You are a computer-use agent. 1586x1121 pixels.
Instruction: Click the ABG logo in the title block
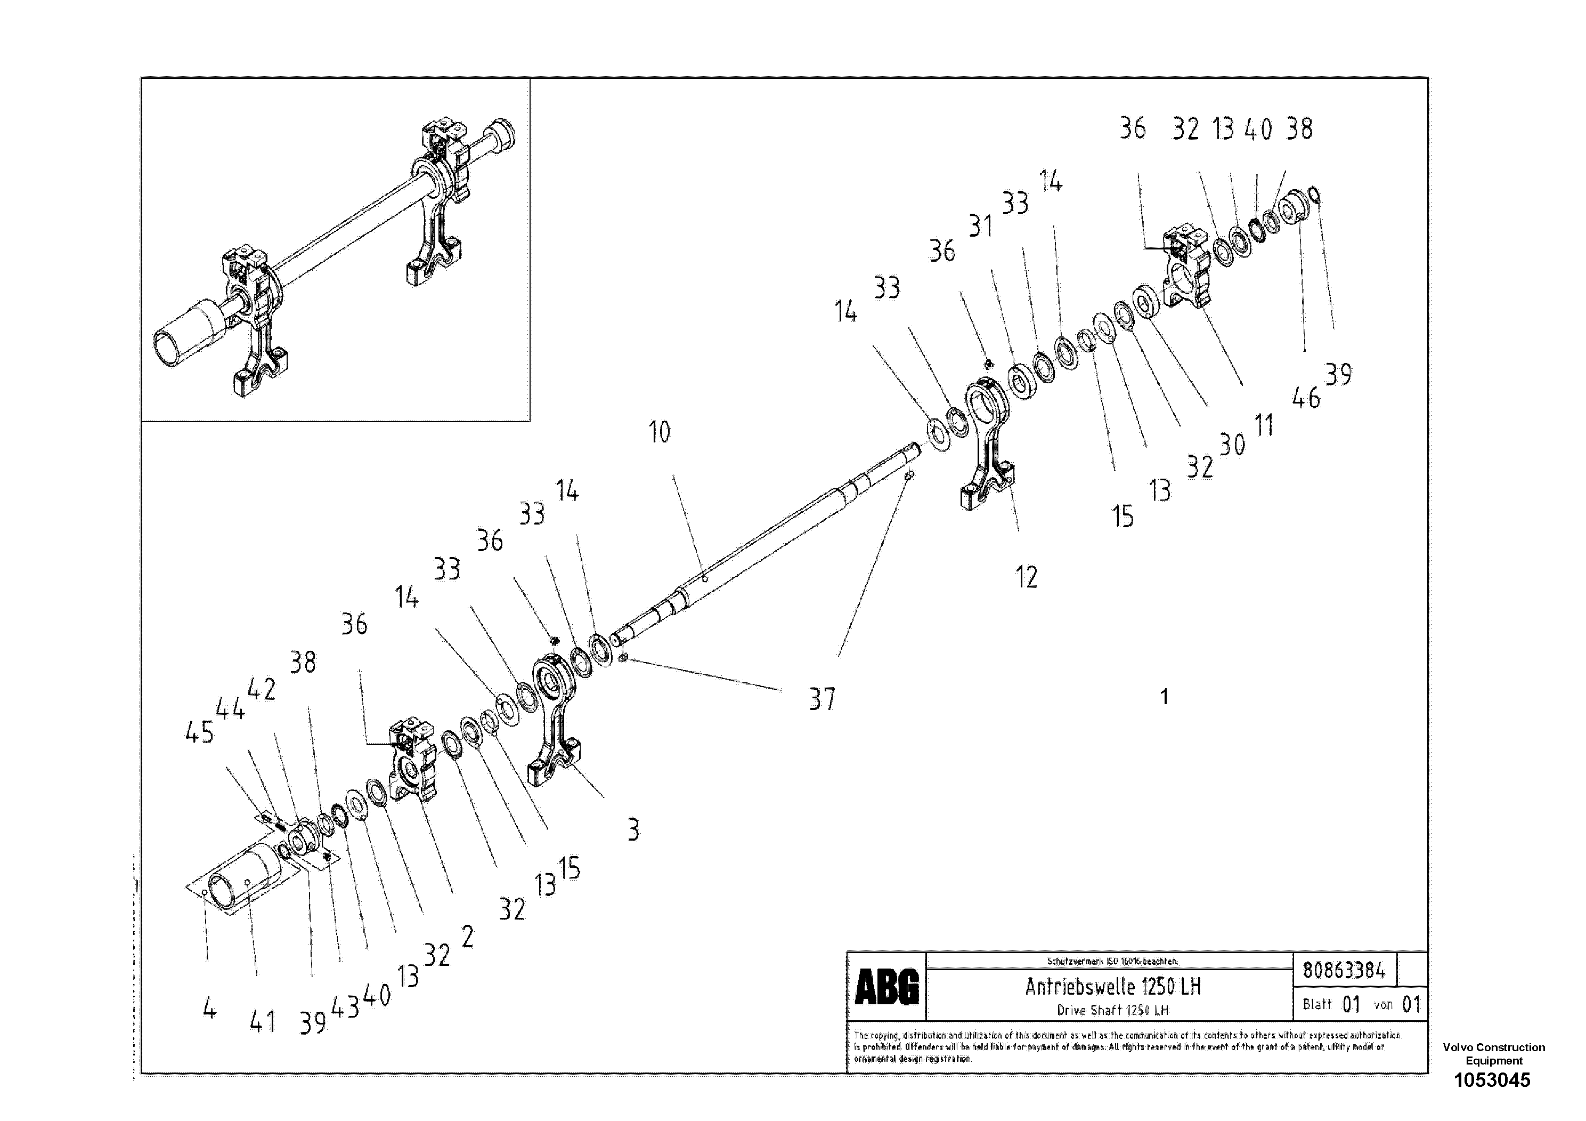point(886,986)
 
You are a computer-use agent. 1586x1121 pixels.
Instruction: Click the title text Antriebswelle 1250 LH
point(1112,986)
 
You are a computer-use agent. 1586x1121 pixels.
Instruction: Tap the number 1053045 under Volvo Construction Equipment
point(1492,1080)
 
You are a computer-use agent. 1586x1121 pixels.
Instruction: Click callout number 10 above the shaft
point(659,433)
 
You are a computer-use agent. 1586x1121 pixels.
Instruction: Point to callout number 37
point(822,699)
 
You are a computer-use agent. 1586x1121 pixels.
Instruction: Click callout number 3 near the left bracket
point(633,829)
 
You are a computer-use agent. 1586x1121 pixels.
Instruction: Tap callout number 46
point(1305,399)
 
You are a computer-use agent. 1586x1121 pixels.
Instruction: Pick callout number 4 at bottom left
point(209,1010)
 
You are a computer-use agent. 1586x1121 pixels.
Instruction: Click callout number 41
point(263,1022)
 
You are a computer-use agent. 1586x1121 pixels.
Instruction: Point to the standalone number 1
point(1164,697)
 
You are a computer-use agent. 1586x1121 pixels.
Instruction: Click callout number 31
point(980,226)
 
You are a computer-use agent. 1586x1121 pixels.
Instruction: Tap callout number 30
point(1232,445)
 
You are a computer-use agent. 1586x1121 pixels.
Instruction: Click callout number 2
point(468,937)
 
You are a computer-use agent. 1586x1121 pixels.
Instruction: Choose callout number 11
point(1263,426)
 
